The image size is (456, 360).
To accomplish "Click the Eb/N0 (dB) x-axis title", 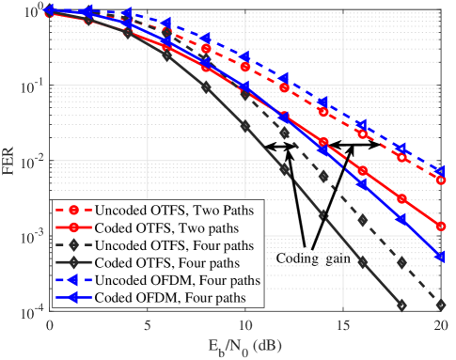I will coord(245,348).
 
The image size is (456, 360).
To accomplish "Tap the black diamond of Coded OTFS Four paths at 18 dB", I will coord(401,305).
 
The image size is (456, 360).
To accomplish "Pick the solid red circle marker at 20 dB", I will coord(441,227).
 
